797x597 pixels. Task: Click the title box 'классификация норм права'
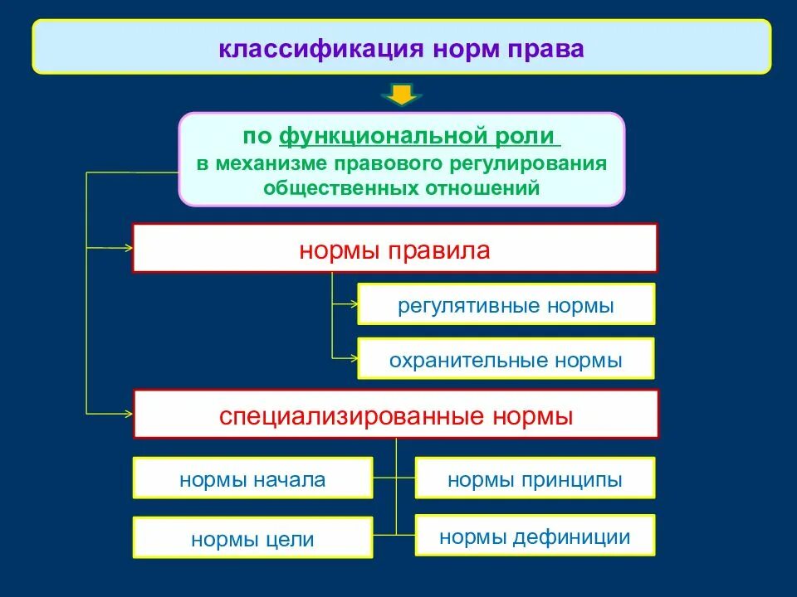(402, 47)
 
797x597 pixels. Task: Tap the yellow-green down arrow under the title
(402, 95)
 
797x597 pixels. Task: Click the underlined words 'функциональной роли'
(419, 135)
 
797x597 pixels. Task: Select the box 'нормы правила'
(394, 248)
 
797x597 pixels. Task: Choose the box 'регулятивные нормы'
(506, 304)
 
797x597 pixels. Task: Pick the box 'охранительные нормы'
(506, 359)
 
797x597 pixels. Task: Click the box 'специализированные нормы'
(396, 414)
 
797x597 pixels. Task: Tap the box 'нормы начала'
(252, 478)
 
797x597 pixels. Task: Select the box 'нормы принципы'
(535, 478)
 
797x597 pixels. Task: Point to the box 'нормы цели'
(252, 538)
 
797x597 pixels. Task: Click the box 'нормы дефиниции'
(535, 536)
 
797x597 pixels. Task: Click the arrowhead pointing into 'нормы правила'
(128, 247)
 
